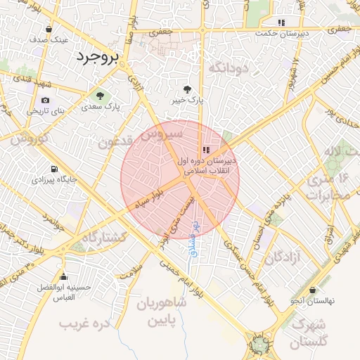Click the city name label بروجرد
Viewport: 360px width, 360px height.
(98, 56)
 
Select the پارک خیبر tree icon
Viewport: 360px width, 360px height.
(188, 89)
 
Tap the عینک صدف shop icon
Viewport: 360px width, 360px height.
(49, 30)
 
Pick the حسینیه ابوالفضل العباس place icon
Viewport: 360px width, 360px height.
(64, 276)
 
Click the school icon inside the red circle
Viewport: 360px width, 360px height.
(205, 149)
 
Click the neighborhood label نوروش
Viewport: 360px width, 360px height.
(28, 138)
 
